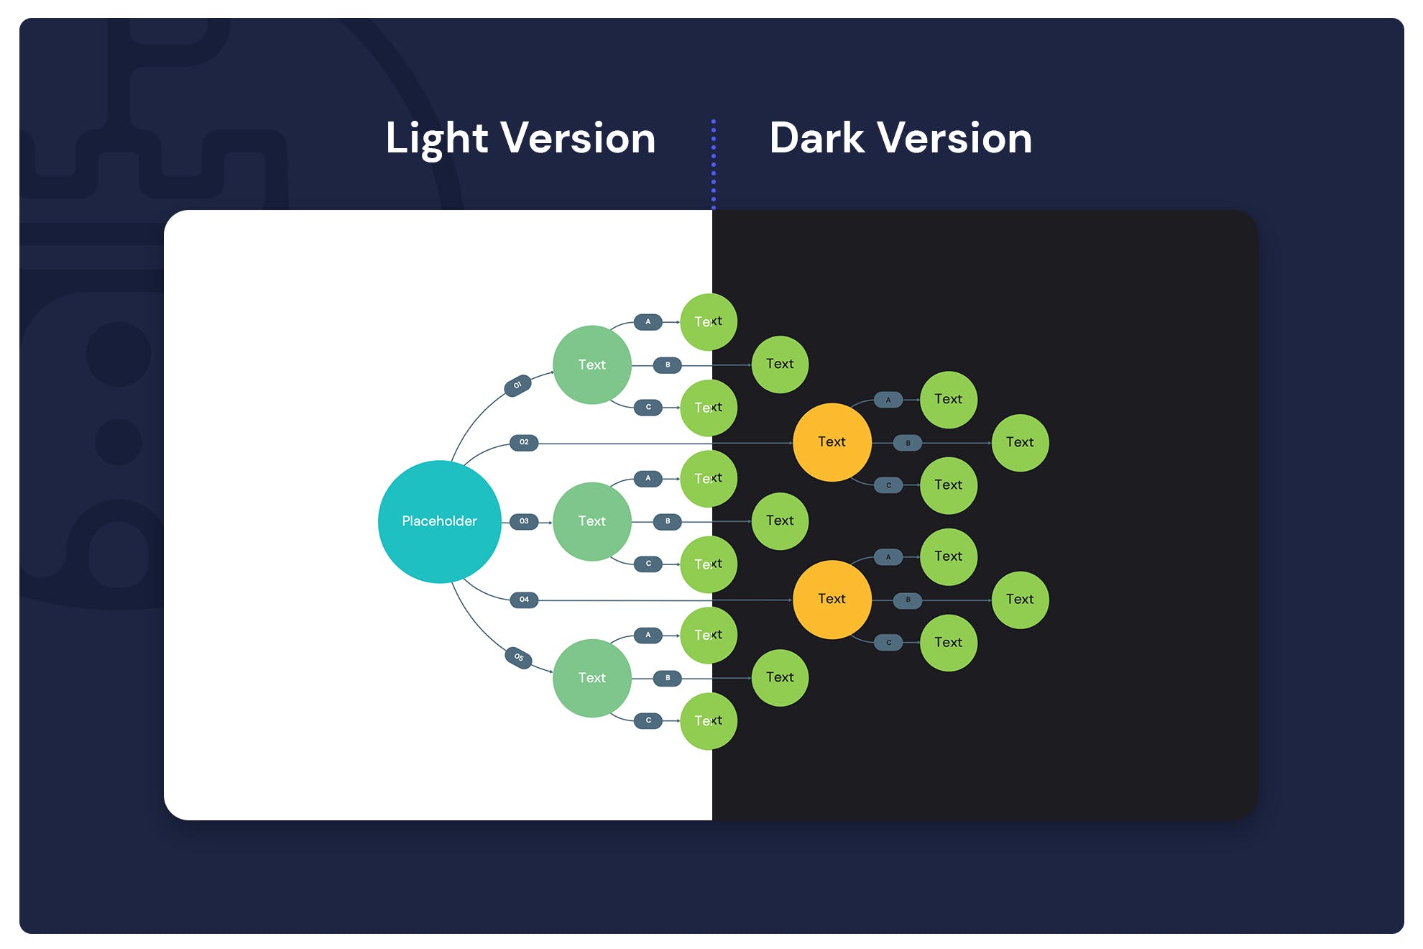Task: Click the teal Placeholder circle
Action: (x=439, y=521)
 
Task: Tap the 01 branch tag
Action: (x=517, y=385)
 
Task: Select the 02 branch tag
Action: (x=524, y=442)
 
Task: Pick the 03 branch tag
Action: (x=524, y=521)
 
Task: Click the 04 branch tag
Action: (x=524, y=600)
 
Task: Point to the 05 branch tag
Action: (x=518, y=657)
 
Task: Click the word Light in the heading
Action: (x=437, y=138)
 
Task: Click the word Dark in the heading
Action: (x=816, y=138)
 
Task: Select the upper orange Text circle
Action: (x=832, y=442)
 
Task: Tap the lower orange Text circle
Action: (x=832, y=599)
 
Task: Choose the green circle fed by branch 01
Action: (x=591, y=365)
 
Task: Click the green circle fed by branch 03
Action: (x=591, y=521)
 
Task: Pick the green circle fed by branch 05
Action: (x=591, y=678)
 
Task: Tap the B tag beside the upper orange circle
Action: (x=908, y=443)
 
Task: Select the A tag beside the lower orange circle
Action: (x=888, y=557)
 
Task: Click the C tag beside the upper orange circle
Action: (x=888, y=485)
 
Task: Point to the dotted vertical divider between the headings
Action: (x=714, y=164)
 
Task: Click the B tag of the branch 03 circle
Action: (x=668, y=521)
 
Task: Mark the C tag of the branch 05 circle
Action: (x=648, y=720)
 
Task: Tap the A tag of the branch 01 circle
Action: (x=648, y=322)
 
